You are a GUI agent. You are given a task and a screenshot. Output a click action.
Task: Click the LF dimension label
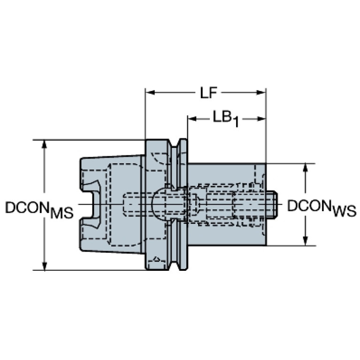pyautogui.click(x=209, y=93)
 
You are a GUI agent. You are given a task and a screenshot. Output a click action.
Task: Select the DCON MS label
pyautogui.click(x=39, y=209)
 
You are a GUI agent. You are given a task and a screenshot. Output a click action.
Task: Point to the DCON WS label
pyautogui.click(x=322, y=208)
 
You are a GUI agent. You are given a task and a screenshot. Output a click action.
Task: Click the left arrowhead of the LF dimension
pyautogui.click(x=150, y=92)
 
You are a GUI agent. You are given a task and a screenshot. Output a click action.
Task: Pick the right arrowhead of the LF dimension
pyautogui.click(x=261, y=92)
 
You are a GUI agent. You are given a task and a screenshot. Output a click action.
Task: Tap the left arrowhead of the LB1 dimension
pyautogui.click(x=192, y=119)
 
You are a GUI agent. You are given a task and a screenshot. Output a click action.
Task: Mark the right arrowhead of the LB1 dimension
pyautogui.click(x=261, y=119)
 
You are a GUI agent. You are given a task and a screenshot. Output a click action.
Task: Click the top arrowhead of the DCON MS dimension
pyautogui.click(x=45, y=145)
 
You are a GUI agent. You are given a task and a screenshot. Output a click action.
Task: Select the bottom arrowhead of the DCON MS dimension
pyautogui.click(x=45, y=265)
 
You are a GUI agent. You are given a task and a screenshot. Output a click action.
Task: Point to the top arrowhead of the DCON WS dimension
pyautogui.click(x=305, y=169)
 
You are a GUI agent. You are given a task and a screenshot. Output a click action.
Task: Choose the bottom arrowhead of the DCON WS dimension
pyautogui.click(x=305, y=241)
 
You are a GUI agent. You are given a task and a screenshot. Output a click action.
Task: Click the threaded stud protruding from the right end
pyautogui.click(x=272, y=204)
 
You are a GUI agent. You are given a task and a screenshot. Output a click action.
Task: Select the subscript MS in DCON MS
pyautogui.click(x=61, y=213)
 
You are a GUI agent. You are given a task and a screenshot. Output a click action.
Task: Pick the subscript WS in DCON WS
pyautogui.click(x=345, y=211)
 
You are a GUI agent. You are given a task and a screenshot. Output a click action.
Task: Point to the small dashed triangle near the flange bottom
pyautogui.click(x=157, y=259)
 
